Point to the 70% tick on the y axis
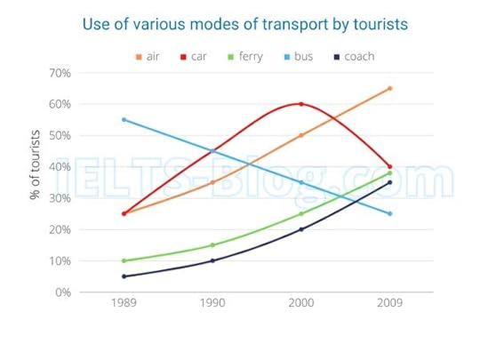[60, 73]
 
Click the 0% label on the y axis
[63, 292]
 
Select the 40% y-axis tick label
[60, 167]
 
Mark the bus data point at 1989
[124, 120]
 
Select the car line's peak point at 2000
[300, 104]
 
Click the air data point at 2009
[389, 88]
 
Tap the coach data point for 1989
[124, 276]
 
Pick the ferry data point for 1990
[212, 245]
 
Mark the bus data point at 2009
[389, 213]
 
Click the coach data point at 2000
[300, 229]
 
